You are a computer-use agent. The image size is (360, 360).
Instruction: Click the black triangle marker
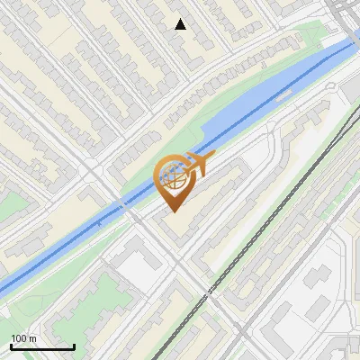tap(180, 24)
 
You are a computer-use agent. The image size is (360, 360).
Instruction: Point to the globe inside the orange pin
tap(175, 176)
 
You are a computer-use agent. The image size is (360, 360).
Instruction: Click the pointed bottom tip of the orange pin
tap(173, 211)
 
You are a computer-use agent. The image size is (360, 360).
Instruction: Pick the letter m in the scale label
tap(32, 338)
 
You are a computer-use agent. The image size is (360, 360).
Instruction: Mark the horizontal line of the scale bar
tap(41, 346)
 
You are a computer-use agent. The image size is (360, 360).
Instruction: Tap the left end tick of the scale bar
tap(10, 346)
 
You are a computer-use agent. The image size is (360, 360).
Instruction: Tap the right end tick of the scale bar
tap(74, 346)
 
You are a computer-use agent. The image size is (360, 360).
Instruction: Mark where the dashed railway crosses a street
tap(209, 292)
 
